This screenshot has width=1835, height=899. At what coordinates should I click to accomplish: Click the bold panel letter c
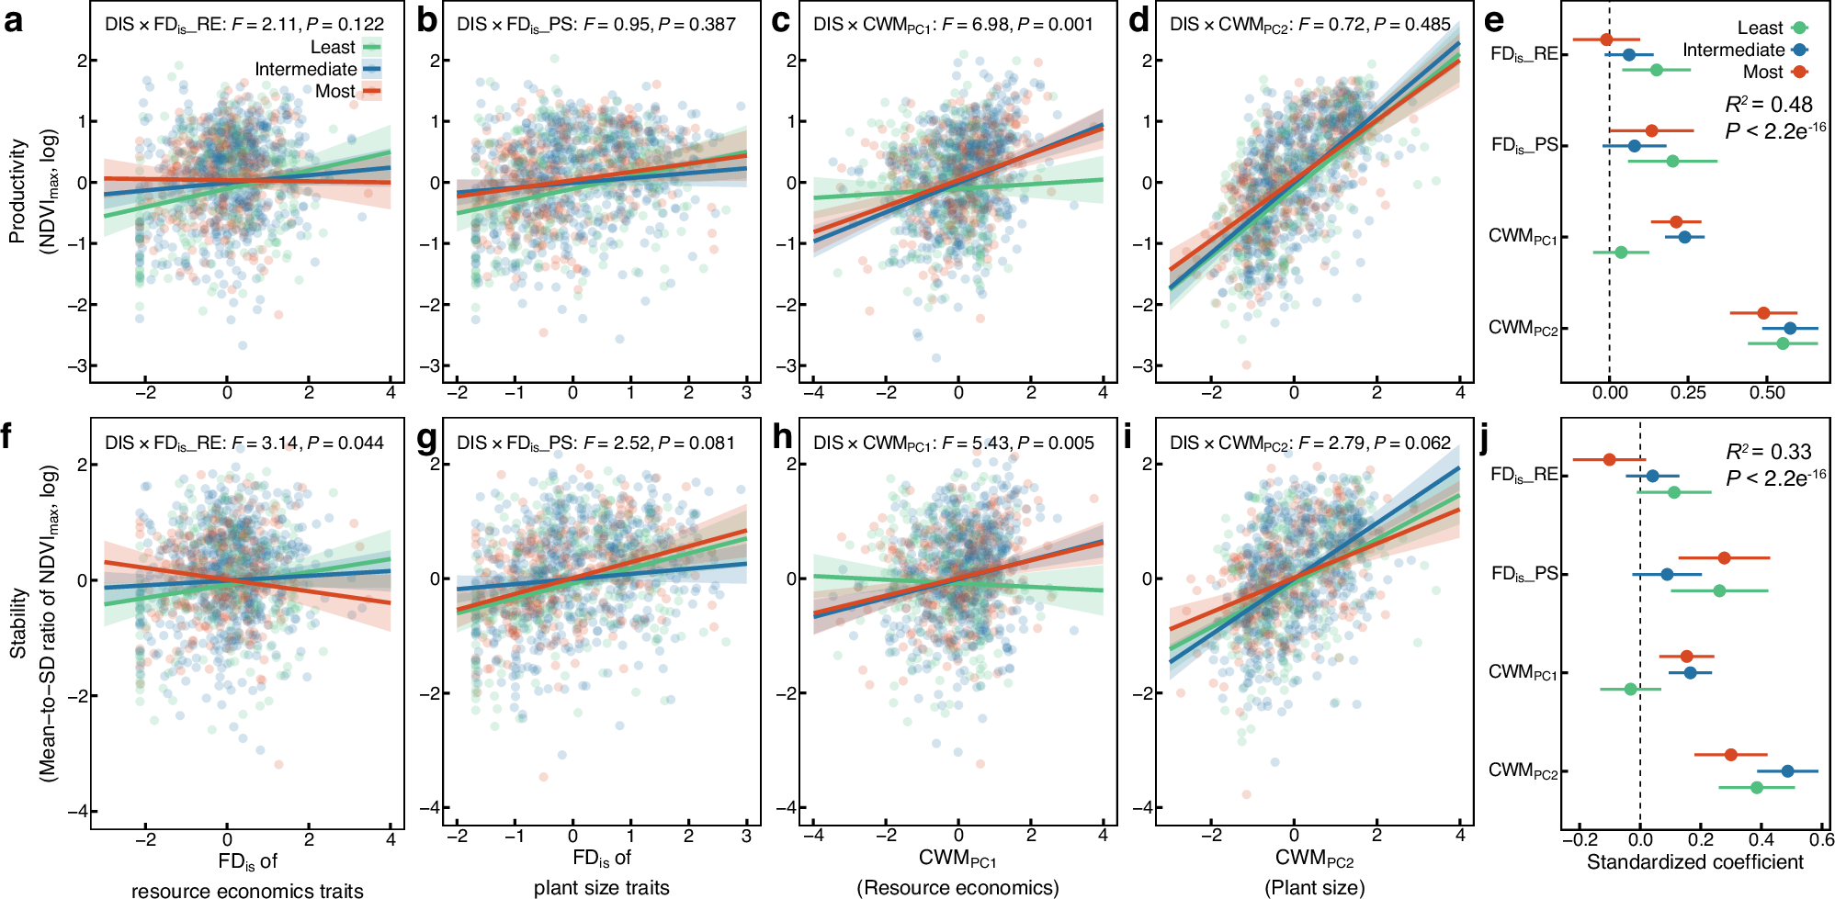(x=780, y=20)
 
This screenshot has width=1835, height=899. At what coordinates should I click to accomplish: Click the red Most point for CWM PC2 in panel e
(x=1763, y=313)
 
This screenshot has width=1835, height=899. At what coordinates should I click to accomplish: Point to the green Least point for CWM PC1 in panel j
(x=1630, y=689)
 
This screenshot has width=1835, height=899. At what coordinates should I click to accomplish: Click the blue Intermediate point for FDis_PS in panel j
(x=1667, y=575)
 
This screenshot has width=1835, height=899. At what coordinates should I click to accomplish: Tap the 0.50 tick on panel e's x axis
(x=1767, y=393)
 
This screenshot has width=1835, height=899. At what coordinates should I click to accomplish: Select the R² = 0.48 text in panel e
(x=1768, y=105)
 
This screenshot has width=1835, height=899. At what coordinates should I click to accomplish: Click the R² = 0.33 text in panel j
(x=1768, y=452)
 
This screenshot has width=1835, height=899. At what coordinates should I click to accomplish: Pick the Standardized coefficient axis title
(x=1694, y=862)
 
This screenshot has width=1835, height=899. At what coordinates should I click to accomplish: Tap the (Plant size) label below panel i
(x=1314, y=887)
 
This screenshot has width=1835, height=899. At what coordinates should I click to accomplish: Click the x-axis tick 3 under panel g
(x=746, y=836)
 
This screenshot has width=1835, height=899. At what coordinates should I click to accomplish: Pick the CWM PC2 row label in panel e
(x=1523, y=329)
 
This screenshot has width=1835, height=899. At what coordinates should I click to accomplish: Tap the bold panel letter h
(x=782, y=438)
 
